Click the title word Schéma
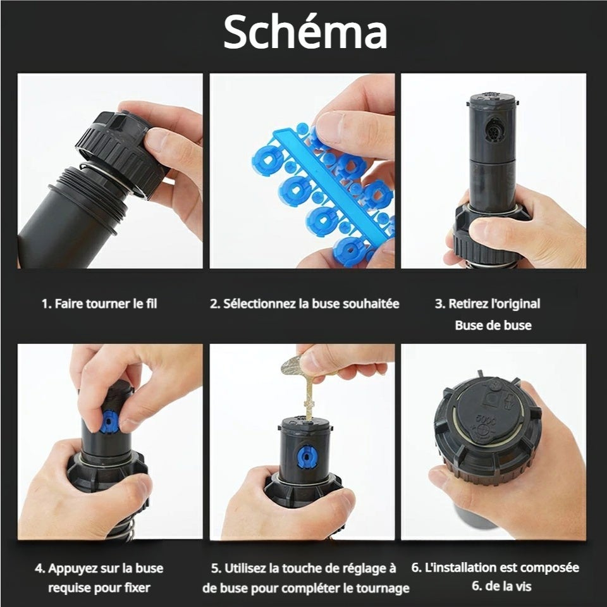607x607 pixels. click(305, 32)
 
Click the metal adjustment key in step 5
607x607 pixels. click(304, 383)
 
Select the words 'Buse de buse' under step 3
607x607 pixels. click(493, 325)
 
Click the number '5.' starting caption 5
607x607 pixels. click(216, 568)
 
